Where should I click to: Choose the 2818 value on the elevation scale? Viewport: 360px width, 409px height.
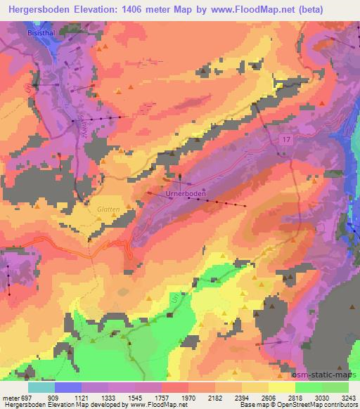[304, 397]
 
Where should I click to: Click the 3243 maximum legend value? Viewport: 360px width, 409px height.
[340, 397]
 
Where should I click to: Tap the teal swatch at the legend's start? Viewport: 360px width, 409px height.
[41, 387]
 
